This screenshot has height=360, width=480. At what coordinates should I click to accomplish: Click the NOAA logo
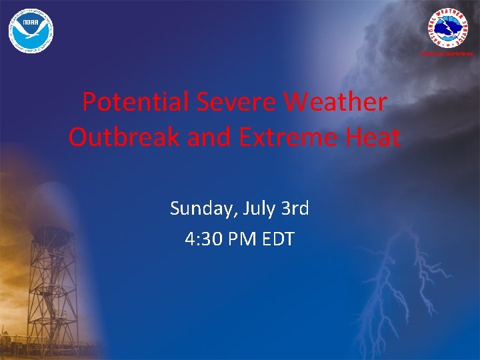click(x=31, y=31)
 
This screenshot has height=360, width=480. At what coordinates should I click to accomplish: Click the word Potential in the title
click(x=135, y=103)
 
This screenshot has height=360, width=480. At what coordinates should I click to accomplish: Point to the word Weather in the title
click(x=335, y=103)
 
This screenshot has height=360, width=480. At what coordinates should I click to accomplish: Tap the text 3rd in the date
click(x=295, y=209)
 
